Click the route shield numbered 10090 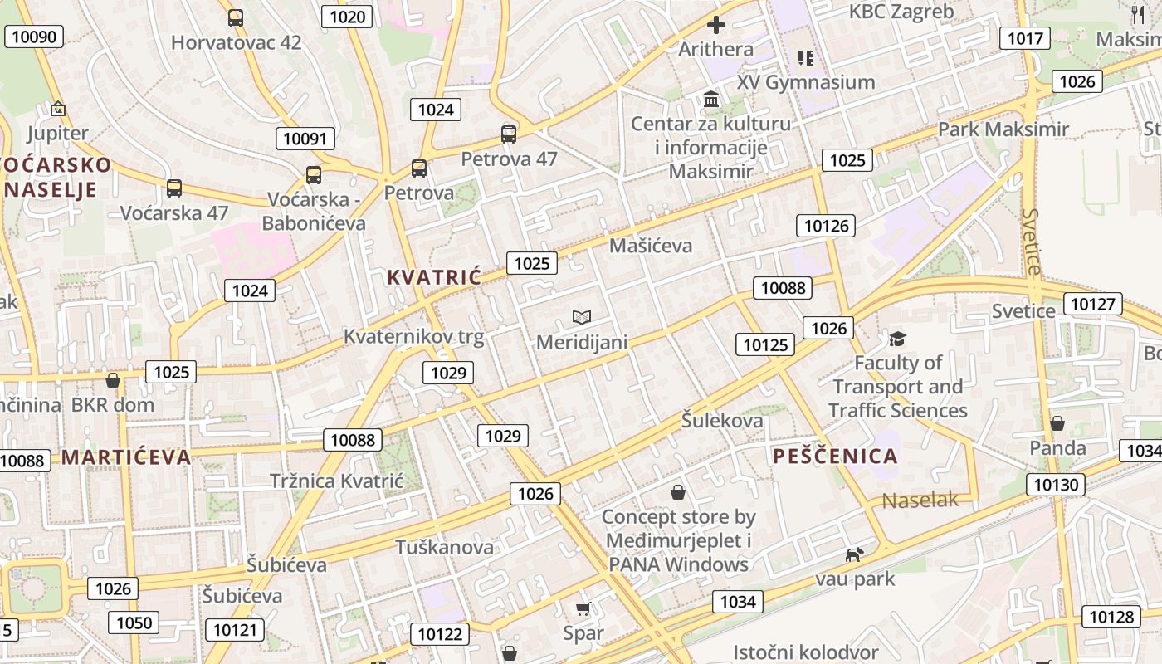(x=35, y=37)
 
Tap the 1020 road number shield (x=347, y=17)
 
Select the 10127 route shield (x=1093, y=304)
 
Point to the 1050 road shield (x=134, y=622)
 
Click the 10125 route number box (x=765, y=344)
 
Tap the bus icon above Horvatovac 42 (x=236, y=17)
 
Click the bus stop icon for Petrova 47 (x=509, y=134)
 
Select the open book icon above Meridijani (x=582, y=317)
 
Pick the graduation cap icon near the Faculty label (x=897, y=338)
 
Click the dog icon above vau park (x=854, y=554)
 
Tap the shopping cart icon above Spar (x=583, y=609)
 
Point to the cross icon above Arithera (x=715, y=25)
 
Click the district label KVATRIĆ (x=434, y=277)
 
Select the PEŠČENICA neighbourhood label (x=835, y=456)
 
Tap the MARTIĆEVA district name (x=126, y=456)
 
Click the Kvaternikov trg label (x=413, y=336)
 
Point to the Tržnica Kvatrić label (x=336, y=481)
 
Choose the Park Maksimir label (x=1003, y=129)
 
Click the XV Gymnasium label (x=806, y=82)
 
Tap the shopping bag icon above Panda (x=1057, y=423)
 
